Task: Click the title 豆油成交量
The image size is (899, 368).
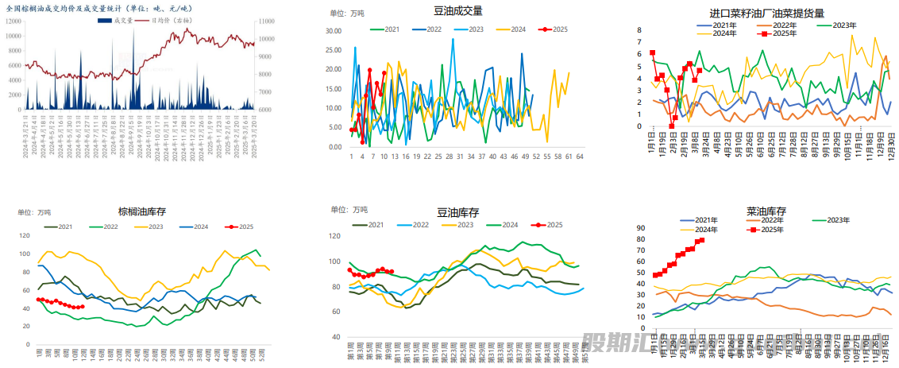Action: click(458, 11)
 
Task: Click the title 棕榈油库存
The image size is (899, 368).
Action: click(142, 211)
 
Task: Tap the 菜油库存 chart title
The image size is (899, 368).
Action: click(766, 211)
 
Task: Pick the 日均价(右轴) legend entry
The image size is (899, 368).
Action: click(172, 20)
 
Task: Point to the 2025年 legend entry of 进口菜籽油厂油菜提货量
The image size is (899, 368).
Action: click(785, 33)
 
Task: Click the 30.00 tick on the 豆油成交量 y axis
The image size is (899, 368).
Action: click(335, 31)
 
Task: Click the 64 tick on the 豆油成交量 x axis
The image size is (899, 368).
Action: click(580, 157)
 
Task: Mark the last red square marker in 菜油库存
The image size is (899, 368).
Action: click(701, 240)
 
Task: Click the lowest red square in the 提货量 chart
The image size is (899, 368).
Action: click(672, 126)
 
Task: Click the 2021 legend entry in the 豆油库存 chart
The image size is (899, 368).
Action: click(376, 225)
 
